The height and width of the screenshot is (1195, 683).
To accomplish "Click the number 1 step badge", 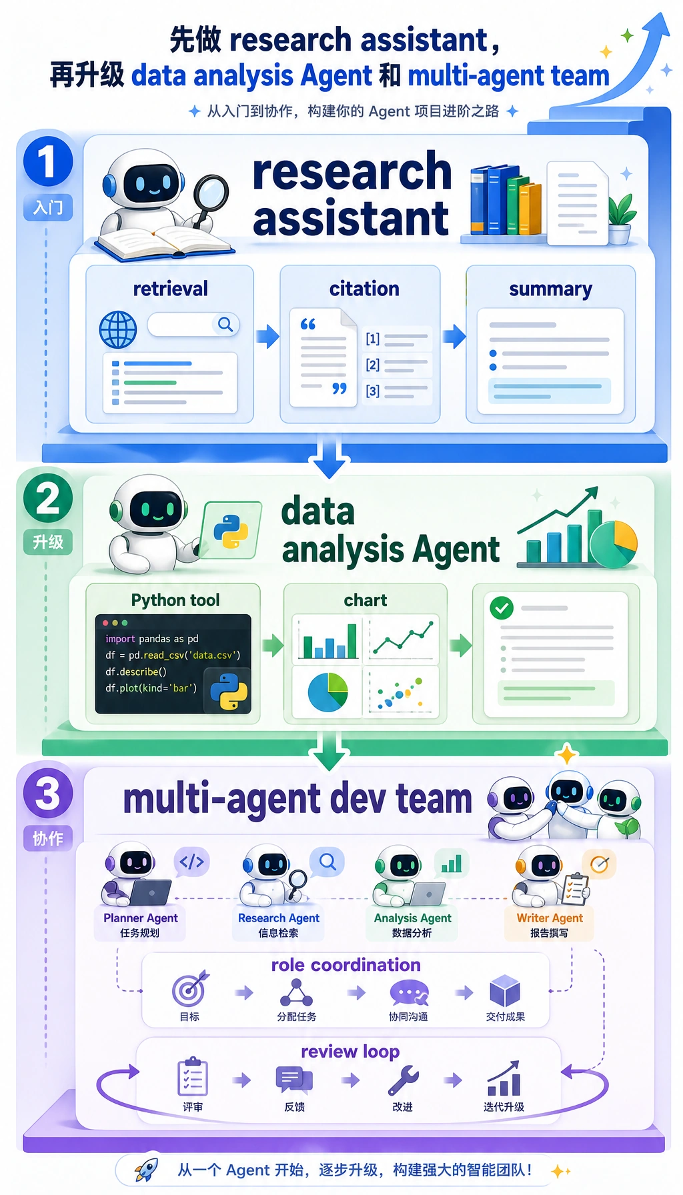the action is (x=47, y=161).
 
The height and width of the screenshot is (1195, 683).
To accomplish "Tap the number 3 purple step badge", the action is (x=47, y=794).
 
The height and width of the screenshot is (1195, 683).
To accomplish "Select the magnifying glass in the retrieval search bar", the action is (x=225, y=325).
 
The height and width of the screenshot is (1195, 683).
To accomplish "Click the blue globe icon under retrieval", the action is (x=118, y=329).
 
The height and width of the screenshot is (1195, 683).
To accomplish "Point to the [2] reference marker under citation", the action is (x=372, y=365).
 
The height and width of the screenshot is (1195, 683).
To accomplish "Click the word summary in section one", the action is (x=550, y=289).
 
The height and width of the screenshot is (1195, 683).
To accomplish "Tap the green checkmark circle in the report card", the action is (x=502, y=608).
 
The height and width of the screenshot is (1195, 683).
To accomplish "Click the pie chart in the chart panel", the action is (x=327, y=692).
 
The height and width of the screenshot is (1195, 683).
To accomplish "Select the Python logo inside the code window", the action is (x=229, y=692).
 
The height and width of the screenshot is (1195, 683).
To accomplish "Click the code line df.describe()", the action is (x=136, y=672).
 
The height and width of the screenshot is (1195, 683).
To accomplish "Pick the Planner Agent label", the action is (x=140, y=918).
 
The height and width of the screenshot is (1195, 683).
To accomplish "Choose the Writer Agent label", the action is (x=550, y=918).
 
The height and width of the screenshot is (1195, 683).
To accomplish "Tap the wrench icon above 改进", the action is (x=404, y=1080).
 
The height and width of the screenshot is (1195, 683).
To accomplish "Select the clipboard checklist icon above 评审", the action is (x=193, y=1076).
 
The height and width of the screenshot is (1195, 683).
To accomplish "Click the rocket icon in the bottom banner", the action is (x=146, y=1169).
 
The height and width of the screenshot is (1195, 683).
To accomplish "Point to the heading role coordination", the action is (x=346, y=965).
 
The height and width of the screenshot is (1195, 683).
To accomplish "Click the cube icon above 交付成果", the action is (x=505, y=990).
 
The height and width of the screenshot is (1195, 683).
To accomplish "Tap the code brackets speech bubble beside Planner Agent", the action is (x=191, y=862).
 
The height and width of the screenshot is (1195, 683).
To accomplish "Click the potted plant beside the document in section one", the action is (x=621, y=219).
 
